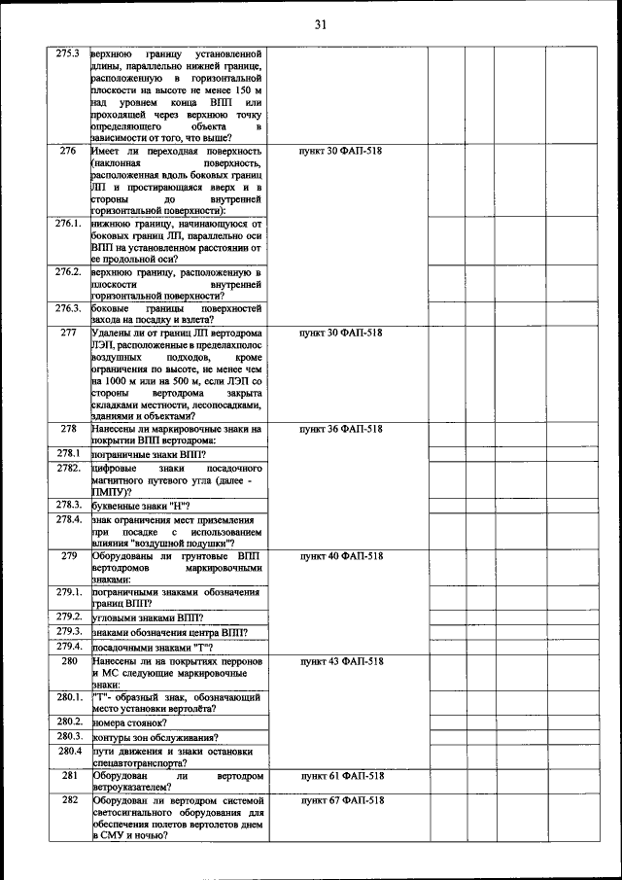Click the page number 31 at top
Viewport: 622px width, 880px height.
[x=320, y=24]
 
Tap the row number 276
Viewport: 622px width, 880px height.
[x=68, y=152]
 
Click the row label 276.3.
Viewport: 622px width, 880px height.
[x=68, y=308]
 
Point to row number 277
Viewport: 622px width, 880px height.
[x=68, y=333]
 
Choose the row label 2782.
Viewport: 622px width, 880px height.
[x=68, y=468]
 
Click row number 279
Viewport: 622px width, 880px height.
[x=68, y=556]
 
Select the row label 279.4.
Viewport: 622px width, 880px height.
[x=68, y=646]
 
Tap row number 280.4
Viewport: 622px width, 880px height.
[x=68, y=751]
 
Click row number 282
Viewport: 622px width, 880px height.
[x=68, y=800]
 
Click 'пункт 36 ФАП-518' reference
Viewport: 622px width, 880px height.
[x=341, y=429]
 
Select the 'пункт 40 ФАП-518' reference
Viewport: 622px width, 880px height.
[x=341, y=556]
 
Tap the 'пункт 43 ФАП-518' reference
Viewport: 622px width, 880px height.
[x=341, y=661]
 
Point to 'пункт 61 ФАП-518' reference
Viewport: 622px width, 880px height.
[x=341, y=776]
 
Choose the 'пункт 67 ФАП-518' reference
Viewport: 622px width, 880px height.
[x=341, y=800]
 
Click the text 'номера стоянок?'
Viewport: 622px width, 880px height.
[x=129, y=722]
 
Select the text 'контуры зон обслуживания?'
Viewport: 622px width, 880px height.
[x=155, y=737]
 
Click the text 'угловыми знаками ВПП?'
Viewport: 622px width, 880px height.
[x=147, y=617]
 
